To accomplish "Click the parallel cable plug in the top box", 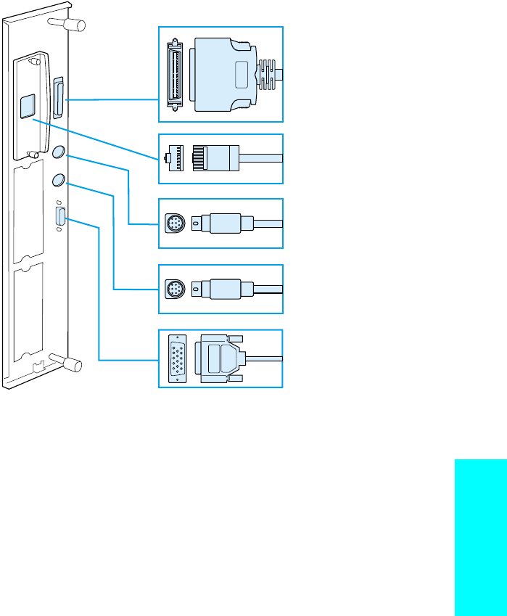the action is (x=225, y=74).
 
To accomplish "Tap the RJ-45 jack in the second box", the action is (x=173, y=159).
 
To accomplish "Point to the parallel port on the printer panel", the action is (x=58, y=97).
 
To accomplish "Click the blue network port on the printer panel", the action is (x=27, y=106).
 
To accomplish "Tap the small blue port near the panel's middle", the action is (x=60, y=218).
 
